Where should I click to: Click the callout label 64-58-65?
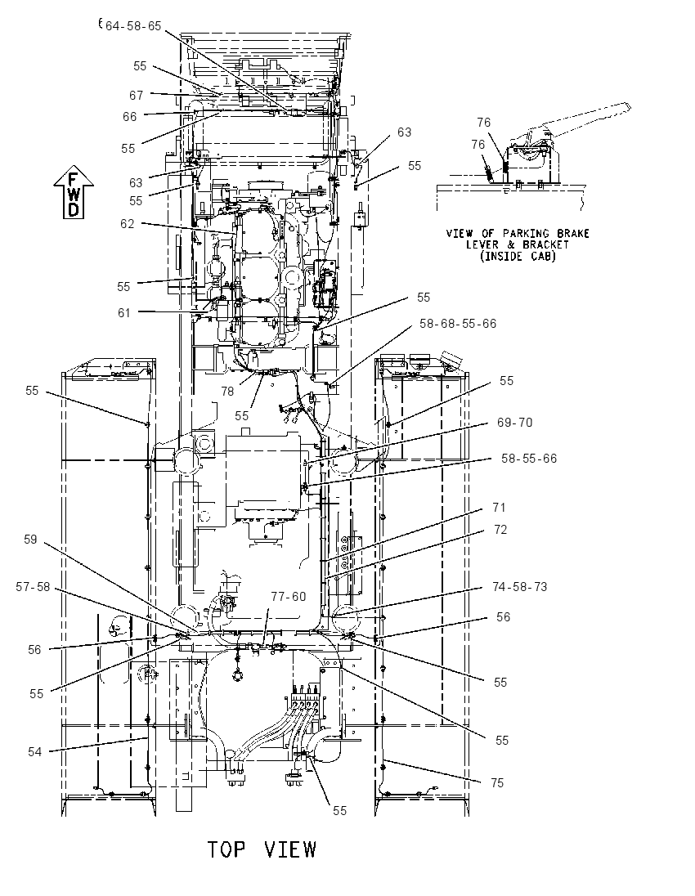(x=133, y=25)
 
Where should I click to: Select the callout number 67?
(x=136, y=96)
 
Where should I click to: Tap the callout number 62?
(x=128, y=224)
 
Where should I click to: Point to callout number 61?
(x=124, y=312)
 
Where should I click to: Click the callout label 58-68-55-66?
(x=458, y=324)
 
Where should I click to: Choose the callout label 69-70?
(x=514, y=423)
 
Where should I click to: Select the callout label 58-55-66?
(x=529, y=459)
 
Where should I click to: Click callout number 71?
(x=499, y=508)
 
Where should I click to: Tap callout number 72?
(x=500, y=530)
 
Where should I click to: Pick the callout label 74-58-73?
(x=519, y=587)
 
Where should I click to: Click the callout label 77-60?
(x=289, y=597)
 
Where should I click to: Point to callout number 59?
(x=30, y=540)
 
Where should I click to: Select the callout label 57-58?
(x=34, y=587)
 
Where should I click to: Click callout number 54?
(x=35, y=752)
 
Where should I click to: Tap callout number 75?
(x=497, y=783)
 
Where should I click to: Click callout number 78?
(x=227, y=392)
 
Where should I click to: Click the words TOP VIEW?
(x=262, y=849)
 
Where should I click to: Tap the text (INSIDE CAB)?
(x=518, y=256)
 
